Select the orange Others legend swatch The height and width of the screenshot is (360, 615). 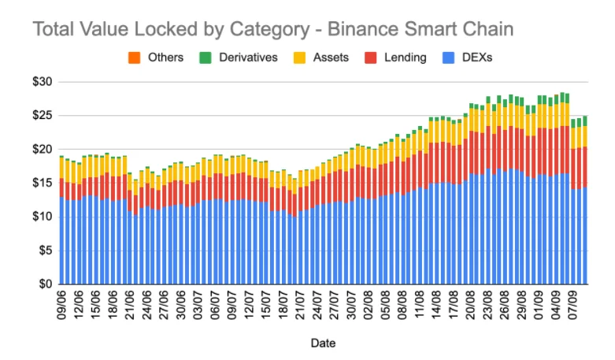[x=134, y=58]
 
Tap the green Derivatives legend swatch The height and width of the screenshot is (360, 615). [x=205, y=58]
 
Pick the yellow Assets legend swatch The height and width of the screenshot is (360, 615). [x=299, y=58]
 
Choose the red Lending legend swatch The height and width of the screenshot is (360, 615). [x=370, y=58]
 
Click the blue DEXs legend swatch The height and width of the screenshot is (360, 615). [x=448, y=58]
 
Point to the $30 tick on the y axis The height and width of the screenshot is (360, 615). [x=43, y=82]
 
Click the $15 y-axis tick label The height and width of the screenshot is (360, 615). [x=43, y=183]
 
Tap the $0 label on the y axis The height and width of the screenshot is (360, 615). [x=46, y=284]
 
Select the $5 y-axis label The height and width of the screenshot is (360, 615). [x=46, y=251]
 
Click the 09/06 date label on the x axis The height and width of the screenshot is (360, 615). [x=61, y=305]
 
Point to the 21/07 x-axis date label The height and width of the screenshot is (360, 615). [x=300, y=305]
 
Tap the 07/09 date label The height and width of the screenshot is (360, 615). [x=572, y=305]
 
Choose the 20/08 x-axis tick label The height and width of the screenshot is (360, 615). [x=470, y=305]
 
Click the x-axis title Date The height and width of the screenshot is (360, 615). [x=323, y=343]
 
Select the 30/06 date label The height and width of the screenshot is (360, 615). [x=181, y=305]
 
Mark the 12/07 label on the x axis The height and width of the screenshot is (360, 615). [x=249, y=305]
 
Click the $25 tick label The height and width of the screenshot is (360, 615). [x=43, y=116]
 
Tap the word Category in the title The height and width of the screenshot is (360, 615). [x=270, y=30]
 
